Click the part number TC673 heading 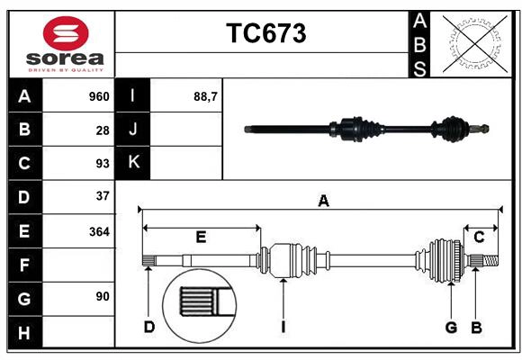tap(265, 33)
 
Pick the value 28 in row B tap(103, 130)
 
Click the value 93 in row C tap(103, 164)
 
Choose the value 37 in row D tap(103, 196)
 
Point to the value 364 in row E tap(99, 231)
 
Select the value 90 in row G tap(103, 296)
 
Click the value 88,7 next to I tap(206, 96)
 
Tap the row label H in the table tap(24, 334)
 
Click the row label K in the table tap(133, 162)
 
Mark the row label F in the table tap(24, 265)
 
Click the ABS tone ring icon tap(473, 43)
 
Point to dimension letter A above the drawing tap(323, 202)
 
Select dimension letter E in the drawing tap(201, 237)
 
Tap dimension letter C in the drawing tap(479, 237)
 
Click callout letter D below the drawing tap(149, 327)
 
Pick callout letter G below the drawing tap(451, 327)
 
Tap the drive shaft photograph tap(367, 129)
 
